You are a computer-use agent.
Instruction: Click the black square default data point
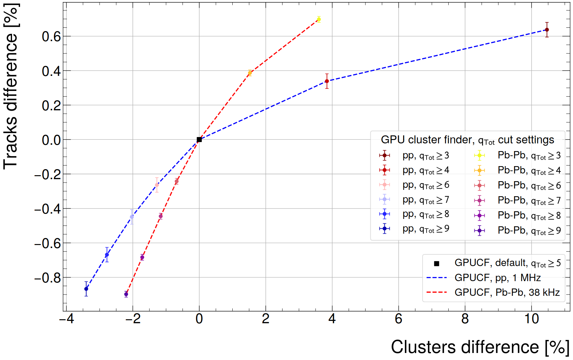(x=199, y=139)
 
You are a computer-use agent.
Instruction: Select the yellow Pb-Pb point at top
(x=319, y=19)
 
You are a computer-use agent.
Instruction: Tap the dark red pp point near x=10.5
(x=547, y=30)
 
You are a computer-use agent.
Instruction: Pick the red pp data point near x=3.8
(x=327, y=81)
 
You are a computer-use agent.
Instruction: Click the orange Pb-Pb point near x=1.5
(x=250, y=73)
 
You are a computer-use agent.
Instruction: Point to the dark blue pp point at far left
(x=86, y=289)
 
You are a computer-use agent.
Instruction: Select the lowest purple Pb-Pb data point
(x=126, y=294)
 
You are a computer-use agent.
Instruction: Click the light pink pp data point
(x=157, y=185)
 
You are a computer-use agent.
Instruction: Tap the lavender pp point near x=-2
(x=132, y=217)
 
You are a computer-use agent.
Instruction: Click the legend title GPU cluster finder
(x=467, y=140)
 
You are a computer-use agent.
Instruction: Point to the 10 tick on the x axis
(x=532, y=319)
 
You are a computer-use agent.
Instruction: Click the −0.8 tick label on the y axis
(x=48, y=278)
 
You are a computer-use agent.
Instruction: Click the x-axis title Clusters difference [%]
(x=480, y=347)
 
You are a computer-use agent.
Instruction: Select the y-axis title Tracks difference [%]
(x=11, y=86)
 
